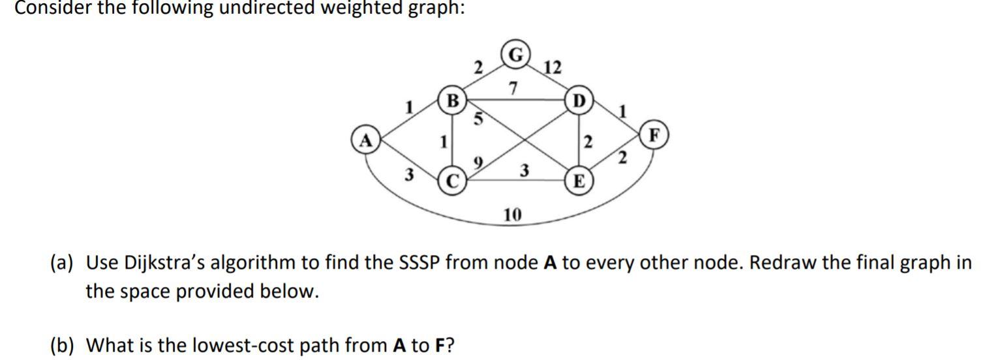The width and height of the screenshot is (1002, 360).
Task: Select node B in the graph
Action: click(x=451, y=102)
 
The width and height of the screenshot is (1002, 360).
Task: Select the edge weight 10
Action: click(x=511, y=215)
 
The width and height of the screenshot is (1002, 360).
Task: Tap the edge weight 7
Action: click(x=513, y=87)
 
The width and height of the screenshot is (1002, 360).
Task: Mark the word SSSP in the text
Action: click(x=425, y=263)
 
